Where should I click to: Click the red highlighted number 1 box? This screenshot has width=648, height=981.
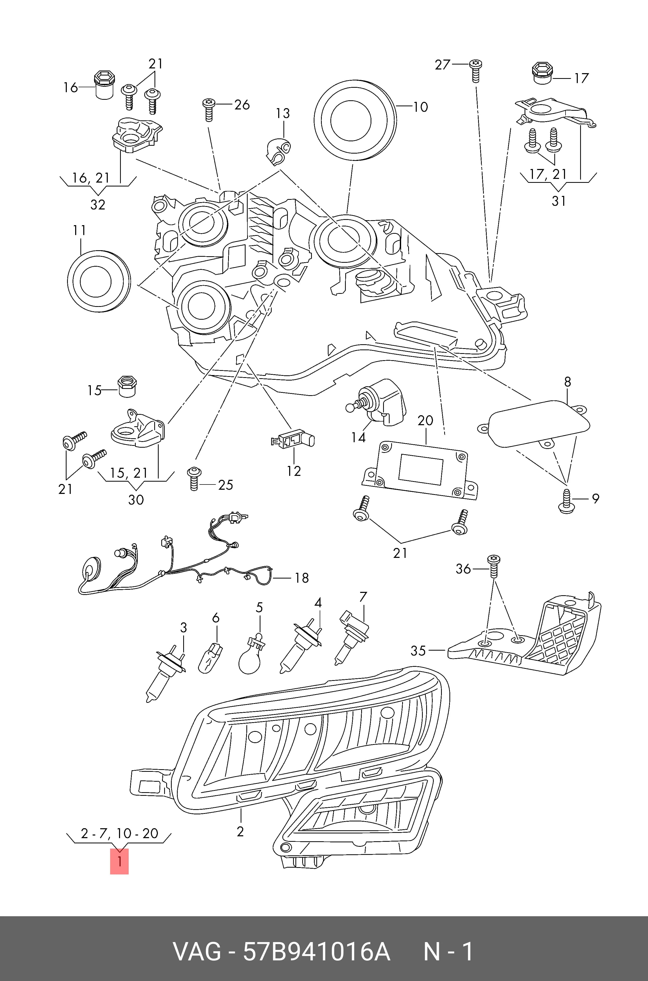(x=119, y=861)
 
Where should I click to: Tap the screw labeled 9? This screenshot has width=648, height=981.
(x=566, y=501)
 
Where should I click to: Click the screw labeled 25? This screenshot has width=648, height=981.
(x=193, y=478)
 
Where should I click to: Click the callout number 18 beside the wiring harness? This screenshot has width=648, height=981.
(x=302, y=577)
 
